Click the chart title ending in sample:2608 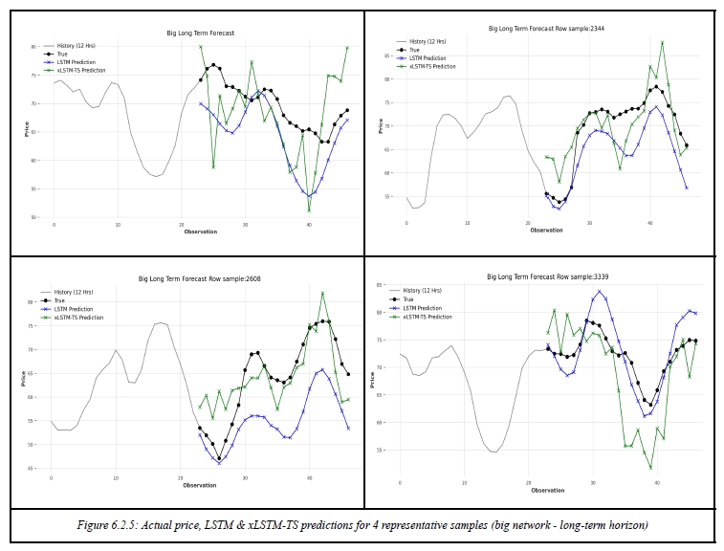coord(199,279)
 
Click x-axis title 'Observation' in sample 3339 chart coord(547,491)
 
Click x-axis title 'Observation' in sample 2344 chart coord(546,230)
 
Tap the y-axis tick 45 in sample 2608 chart coord(31,468)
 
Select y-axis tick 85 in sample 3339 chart coord(380,286)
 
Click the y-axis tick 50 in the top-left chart coord(34,217)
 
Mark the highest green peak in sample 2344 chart coord(662,42)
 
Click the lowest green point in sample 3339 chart coord(650,468)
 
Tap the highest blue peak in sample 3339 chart coord(600,292)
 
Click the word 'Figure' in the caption coord(93,525)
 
